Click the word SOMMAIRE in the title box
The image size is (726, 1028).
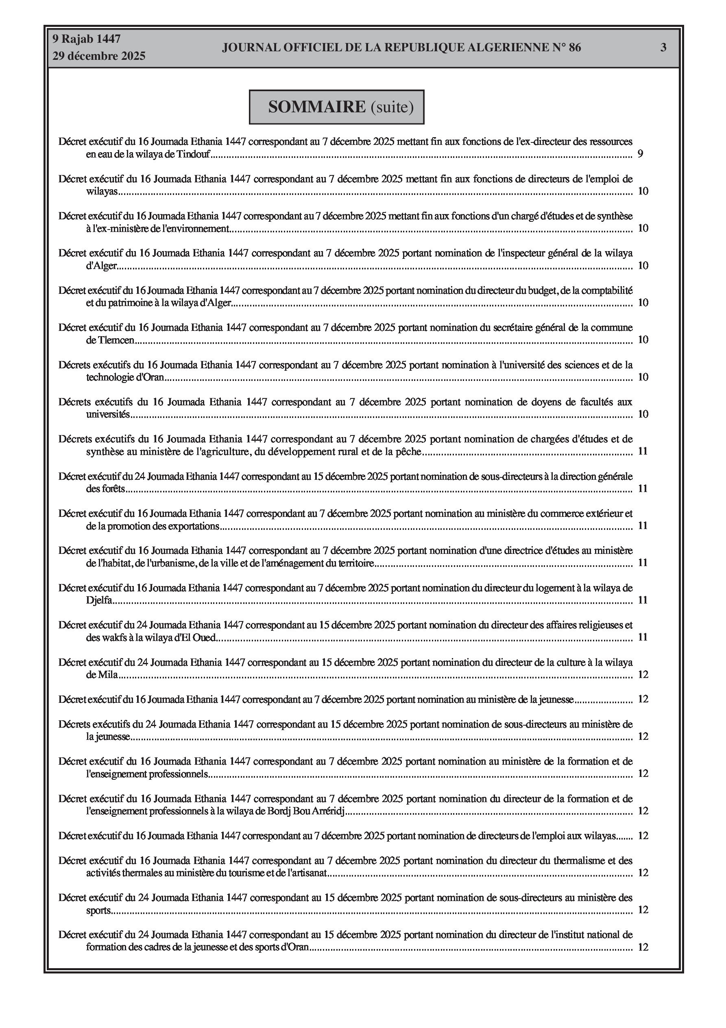pyautogui.click(x=317, y=107)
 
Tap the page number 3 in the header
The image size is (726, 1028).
pyautogui.click(x=663, y=48)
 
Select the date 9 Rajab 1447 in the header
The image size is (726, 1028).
pyautogui.click(x=86, y=39)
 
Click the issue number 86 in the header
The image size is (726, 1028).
pyautogui.click(x=575, y=48)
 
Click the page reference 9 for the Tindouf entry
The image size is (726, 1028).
pyautogui.click(x=641, y=154)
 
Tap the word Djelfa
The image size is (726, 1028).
pyautogui.click(x=99, y=600)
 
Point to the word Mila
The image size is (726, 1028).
pyautogui.click(x=108, y=675)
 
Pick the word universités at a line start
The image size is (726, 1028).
pyautogui.click(x=108, y=415)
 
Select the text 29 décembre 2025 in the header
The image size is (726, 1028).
pyautogui.click(x=99, y=56)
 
